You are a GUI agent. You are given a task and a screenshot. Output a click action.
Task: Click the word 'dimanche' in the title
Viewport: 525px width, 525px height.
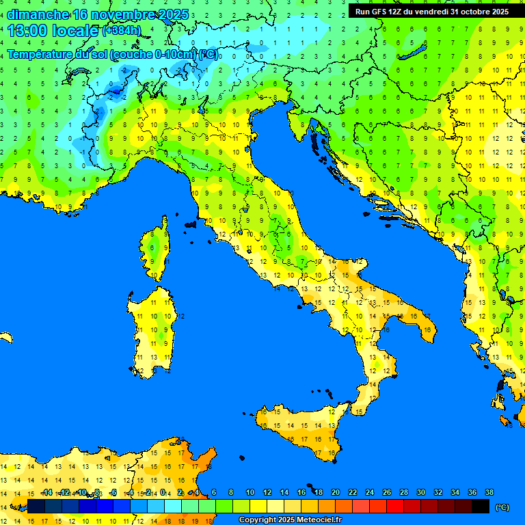(37, 14)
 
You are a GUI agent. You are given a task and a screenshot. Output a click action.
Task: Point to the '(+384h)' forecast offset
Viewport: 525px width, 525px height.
(122, 31)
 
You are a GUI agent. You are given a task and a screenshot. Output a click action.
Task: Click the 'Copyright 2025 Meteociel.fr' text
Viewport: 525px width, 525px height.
(290, 520)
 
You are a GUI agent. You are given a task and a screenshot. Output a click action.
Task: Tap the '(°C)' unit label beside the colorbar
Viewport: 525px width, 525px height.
(502, 507)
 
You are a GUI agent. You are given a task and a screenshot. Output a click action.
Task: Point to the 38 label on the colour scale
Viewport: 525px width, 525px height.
(489, 492)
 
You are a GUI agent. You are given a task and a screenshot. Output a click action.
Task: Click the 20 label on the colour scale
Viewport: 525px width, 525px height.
(336, 492)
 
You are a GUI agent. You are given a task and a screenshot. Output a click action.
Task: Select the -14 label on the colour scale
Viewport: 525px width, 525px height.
(46, 492)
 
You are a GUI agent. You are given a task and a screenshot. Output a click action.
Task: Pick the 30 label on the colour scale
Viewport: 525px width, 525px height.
(421, 492)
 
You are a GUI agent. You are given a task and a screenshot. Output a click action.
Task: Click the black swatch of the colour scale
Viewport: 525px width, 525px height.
(481, 506)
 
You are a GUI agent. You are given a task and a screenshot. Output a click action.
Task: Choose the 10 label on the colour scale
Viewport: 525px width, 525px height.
(250, 492)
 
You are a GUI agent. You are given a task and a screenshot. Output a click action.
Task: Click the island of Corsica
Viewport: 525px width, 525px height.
(157, 250)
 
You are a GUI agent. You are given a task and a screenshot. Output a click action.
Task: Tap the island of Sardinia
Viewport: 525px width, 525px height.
(154, 328)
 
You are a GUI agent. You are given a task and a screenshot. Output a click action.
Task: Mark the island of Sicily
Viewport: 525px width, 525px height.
(301, 427)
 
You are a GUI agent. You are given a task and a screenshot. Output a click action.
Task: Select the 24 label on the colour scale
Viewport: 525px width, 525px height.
(370, 492)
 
